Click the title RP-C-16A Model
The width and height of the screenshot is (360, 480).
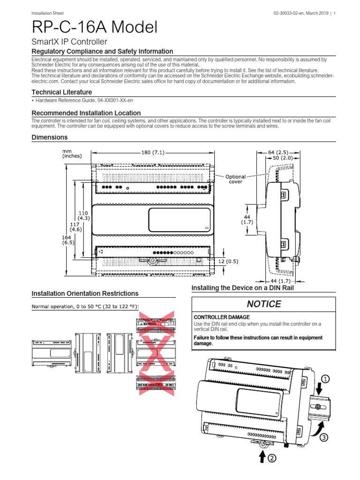coord(94,27)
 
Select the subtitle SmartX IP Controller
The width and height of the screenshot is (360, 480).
coord(69,42)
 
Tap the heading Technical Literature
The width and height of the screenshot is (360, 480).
coord(61,92)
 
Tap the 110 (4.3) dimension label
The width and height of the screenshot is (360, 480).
coord(83,216)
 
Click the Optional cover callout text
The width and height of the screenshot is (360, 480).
coord(235,180)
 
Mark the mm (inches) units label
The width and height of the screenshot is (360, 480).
coord(71,154)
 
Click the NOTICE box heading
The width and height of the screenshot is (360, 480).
coord(264,304)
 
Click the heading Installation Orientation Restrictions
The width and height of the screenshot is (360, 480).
coord(85,293)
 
